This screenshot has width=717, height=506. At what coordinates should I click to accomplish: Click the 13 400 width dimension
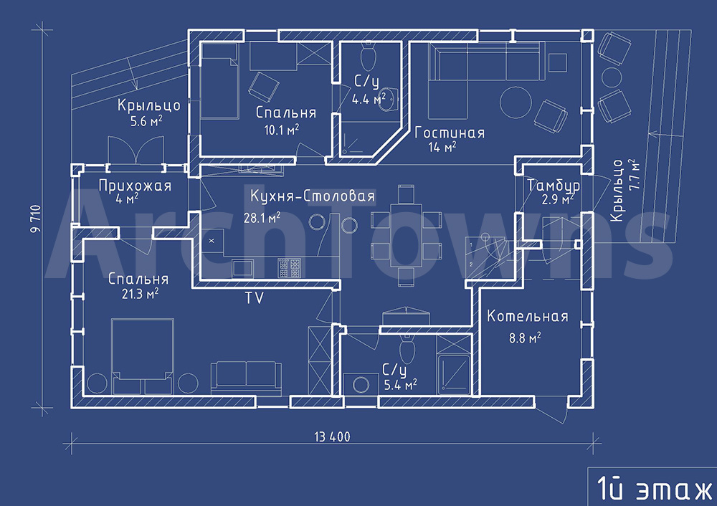coord(333,437)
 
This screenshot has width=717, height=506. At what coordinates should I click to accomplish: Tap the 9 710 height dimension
coord(36,219)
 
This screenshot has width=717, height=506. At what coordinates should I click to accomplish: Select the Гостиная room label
coord(450,133)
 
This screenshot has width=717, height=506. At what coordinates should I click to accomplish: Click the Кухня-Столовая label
coord(313,196)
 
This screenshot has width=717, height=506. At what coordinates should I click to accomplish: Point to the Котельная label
coord(527,316)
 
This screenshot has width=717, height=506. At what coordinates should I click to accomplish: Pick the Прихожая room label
coord(135,186)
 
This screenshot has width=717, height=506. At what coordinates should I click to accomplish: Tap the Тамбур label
coord(554,186)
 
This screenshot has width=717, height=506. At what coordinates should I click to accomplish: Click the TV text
coord(255,298)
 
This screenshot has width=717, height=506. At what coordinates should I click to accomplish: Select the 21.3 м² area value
coord(140,293)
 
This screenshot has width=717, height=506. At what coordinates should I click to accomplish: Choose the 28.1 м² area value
coord(262,218)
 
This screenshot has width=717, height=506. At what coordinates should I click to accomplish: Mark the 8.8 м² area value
coord(525,338)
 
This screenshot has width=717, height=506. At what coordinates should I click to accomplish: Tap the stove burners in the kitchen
coord(290,267)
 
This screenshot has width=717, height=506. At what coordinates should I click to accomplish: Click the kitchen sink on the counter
coord(243,268)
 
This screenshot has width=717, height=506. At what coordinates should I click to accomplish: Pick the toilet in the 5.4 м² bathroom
coord(407,349)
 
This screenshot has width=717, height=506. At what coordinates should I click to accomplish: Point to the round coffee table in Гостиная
coord(516,102)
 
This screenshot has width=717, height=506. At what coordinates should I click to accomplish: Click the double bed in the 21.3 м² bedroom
coord(143,356)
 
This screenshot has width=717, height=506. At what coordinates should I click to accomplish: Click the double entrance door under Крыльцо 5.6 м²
coord(136,150)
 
